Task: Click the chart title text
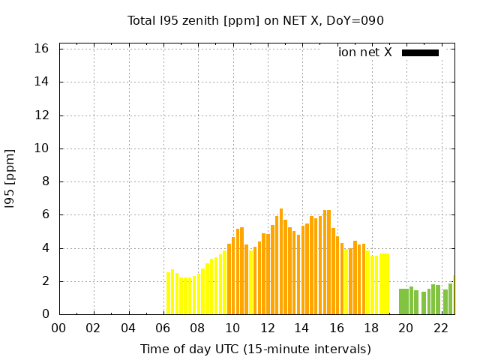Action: [x=255, y=21]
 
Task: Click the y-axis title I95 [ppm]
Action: [x=10, y=178]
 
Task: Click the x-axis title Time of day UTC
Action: [x=255, y=349]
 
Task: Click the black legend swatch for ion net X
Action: [x=420, y=52]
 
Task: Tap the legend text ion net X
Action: [x=365, y=52]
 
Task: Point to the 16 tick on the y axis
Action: [x=42, y=49]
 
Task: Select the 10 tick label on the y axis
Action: [x=42, y=148]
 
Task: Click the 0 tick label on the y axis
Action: [x=46, y=314]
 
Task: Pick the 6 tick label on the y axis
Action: [x=46, y=214]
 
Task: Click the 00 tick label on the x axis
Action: [x=59, y=328]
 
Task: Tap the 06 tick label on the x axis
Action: [x=163, y=328]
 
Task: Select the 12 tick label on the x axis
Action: [x=268, y=328]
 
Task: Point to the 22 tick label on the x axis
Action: [x=441, y=328]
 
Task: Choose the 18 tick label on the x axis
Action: [x=372, y=328]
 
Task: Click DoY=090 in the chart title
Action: [x=356, y=21]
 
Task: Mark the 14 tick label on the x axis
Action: [x=302, y=328]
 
